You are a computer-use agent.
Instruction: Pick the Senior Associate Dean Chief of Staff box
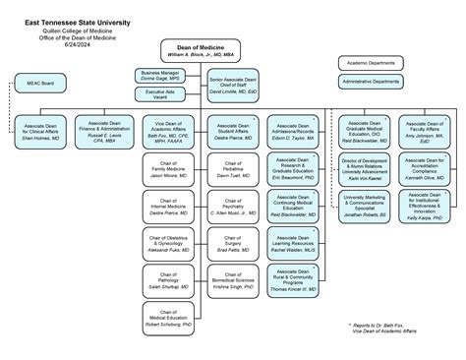233,85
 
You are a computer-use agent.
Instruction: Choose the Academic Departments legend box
371,63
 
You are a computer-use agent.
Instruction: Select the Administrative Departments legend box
371,81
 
